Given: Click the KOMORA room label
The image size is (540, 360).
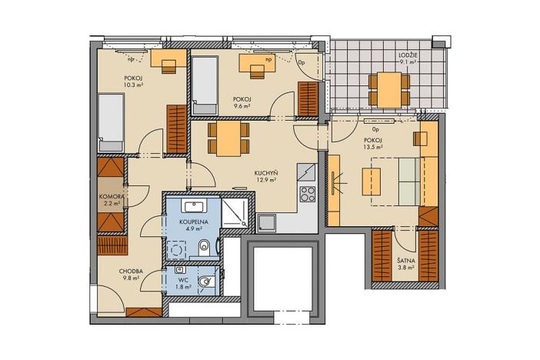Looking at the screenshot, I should coord(112,197).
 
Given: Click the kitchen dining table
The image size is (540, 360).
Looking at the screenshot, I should coord(229,139).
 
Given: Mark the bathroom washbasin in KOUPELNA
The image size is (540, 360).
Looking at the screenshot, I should coord(192,205).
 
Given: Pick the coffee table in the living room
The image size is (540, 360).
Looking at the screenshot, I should coord(371,182).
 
